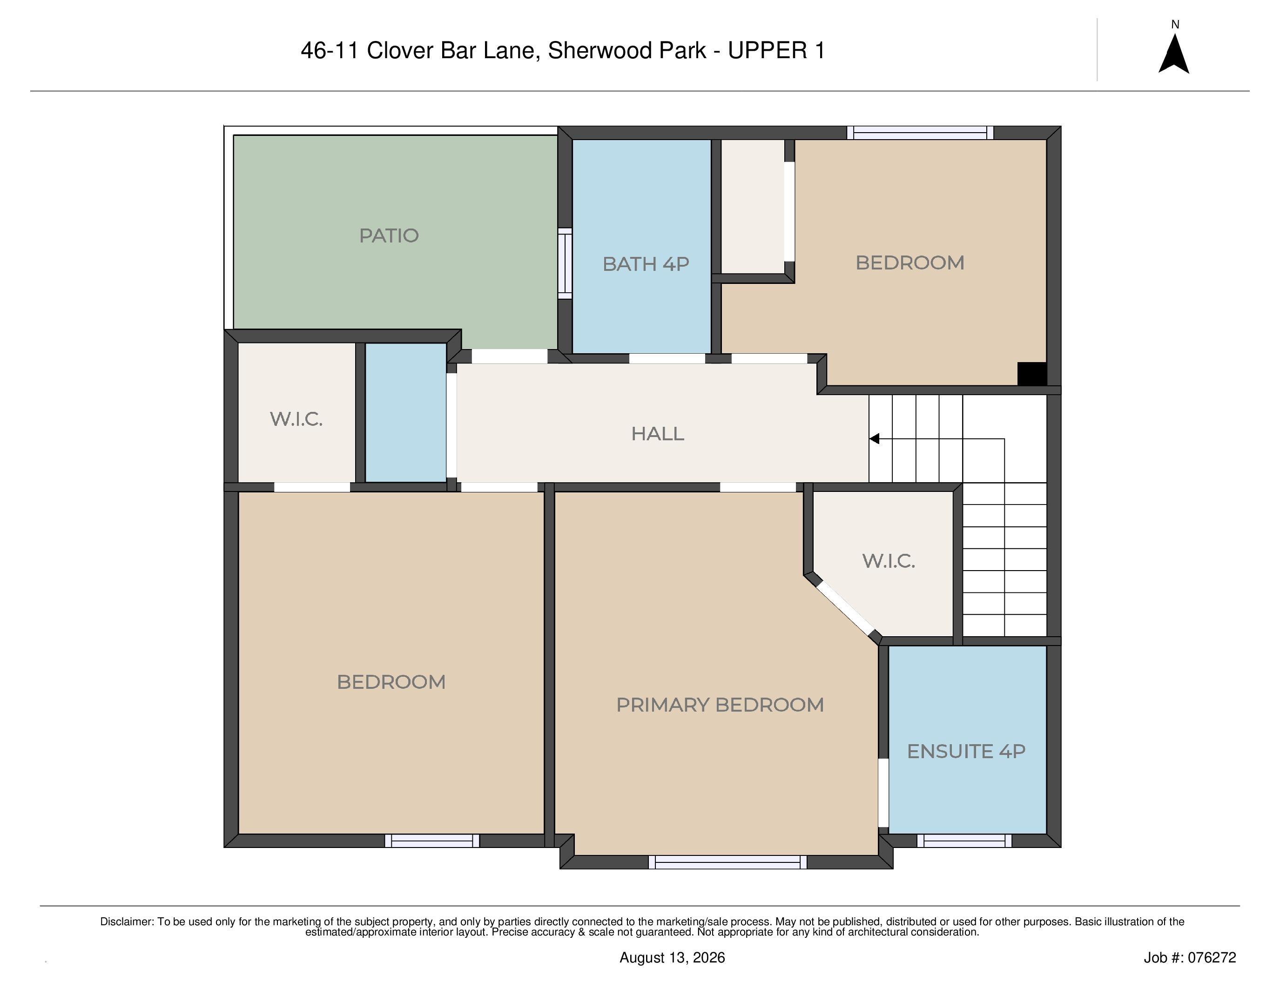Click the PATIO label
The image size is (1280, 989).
(389, 235)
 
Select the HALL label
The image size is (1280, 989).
(658, 434)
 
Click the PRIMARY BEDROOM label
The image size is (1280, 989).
(720, 704)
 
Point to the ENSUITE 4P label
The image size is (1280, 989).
(966, 751)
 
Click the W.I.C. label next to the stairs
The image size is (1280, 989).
(889, 561)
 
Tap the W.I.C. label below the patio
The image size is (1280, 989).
(296, 419)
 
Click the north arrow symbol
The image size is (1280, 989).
(1174, 54)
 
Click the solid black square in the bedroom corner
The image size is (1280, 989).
(1031, 374)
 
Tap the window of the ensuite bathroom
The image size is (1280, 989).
(964, 841)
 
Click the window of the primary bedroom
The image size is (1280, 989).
(728, 862)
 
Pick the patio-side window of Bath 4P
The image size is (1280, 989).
(565, 263)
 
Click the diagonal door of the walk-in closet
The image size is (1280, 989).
(844, 609)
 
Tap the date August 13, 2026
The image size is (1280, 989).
(672, 958)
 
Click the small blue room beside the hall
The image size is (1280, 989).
(405, 412)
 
